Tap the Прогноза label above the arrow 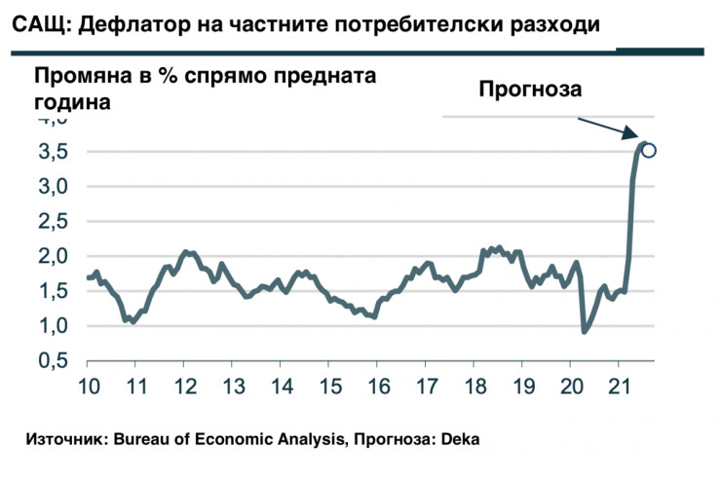(529, 90)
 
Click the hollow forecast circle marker (649, 150)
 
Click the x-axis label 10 (89, 383)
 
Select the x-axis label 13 (233, 383)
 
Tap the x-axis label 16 (377, 383)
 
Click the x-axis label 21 (617, 383)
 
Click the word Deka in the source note (461, 440)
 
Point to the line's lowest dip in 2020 (585, 332)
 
